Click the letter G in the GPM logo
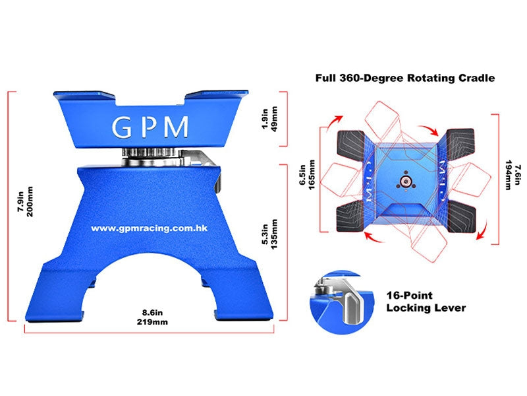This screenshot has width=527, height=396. pyautogui.click(x=121, y=127)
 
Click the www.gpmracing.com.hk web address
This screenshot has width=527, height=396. pyautogui.click(x=150, y=228)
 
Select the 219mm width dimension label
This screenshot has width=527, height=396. pyautogui.click(x=152, y=322)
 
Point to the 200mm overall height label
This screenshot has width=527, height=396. pyautogui.click(x=30, y=201)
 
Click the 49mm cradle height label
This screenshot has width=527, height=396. pyautogui.click(x=274, y=119)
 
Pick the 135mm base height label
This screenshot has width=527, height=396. pyautogui.click(x=274, y=234)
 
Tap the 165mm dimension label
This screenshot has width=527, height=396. pyautogui.click(x=312, y=175)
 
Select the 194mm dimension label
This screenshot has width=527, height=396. pyautogui.click(x=508, y=175)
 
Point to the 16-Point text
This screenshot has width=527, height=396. pyautogui.click(x=409, y=295)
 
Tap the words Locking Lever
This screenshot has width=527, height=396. pyautogui.click(x=426, y=308)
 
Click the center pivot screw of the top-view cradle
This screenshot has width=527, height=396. pyautogui.click(x=406, y=182)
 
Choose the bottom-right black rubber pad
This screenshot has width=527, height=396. pyautogui.click(x=461, y=216)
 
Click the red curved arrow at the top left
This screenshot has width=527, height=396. pyautogui.click(x=334, y=123)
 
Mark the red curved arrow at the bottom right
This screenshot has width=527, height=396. pyautogui.click(x=482, y=230)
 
